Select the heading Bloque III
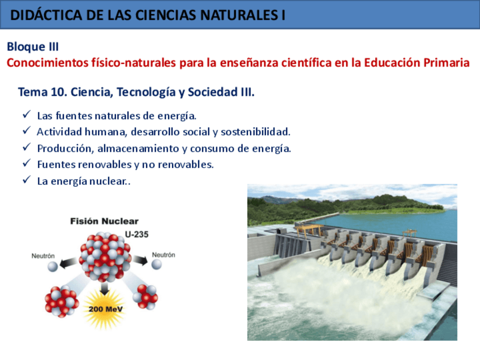[x=32, y=47]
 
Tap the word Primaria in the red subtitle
[x=446, y=63]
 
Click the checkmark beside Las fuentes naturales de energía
[x=26, y=115]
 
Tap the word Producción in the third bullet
[x=65, y=148]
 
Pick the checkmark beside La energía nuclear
[x=26, y=181]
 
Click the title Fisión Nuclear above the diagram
[x=104, y=221]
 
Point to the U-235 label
[x=136, y=233]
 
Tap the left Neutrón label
[x=43, y=256]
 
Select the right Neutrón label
[x=164, y=255]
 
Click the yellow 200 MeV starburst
[x=105, y=309]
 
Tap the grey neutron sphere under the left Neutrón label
[x=52, y=266]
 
